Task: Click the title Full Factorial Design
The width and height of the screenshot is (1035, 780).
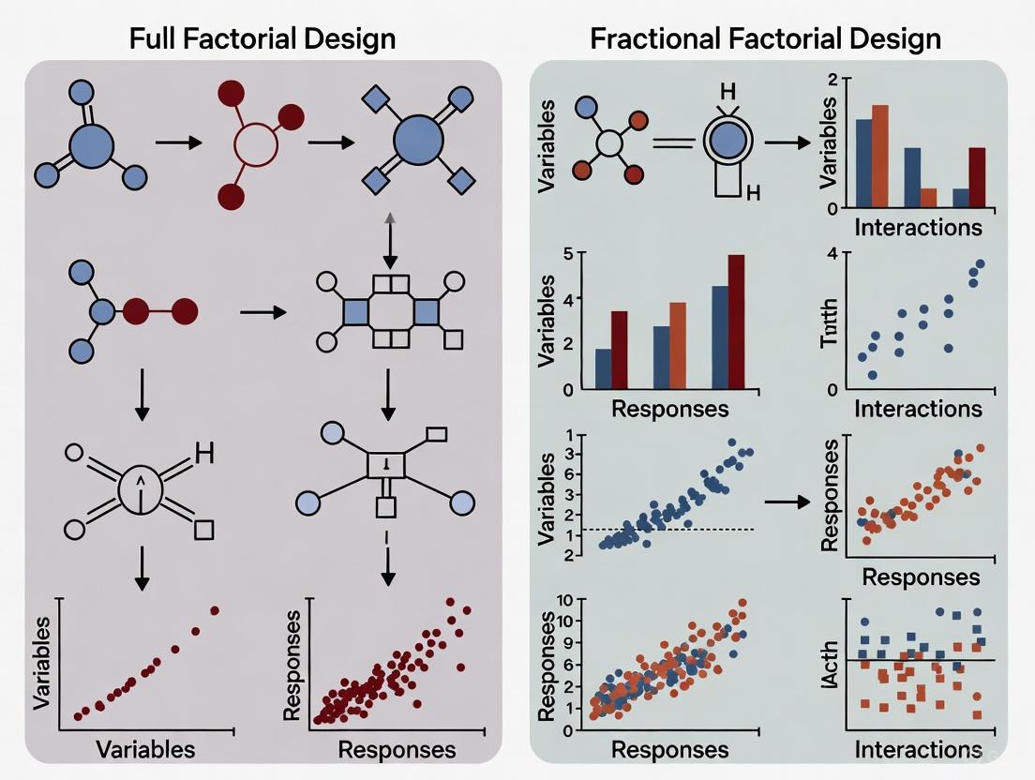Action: tap(262, 38)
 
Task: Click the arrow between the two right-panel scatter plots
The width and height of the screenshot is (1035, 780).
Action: tap(787, 502)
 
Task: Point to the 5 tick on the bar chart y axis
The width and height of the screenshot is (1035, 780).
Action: tap(568, 253)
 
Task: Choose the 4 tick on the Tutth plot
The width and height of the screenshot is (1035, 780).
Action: tap(832, 253)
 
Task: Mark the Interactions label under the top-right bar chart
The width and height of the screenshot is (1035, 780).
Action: tap(918, 228)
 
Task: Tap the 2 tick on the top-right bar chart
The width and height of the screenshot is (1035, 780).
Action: tap(832, 80)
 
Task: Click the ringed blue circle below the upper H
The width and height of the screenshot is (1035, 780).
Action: tap(726, 142)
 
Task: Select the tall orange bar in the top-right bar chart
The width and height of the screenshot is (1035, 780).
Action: tap(879, 156)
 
